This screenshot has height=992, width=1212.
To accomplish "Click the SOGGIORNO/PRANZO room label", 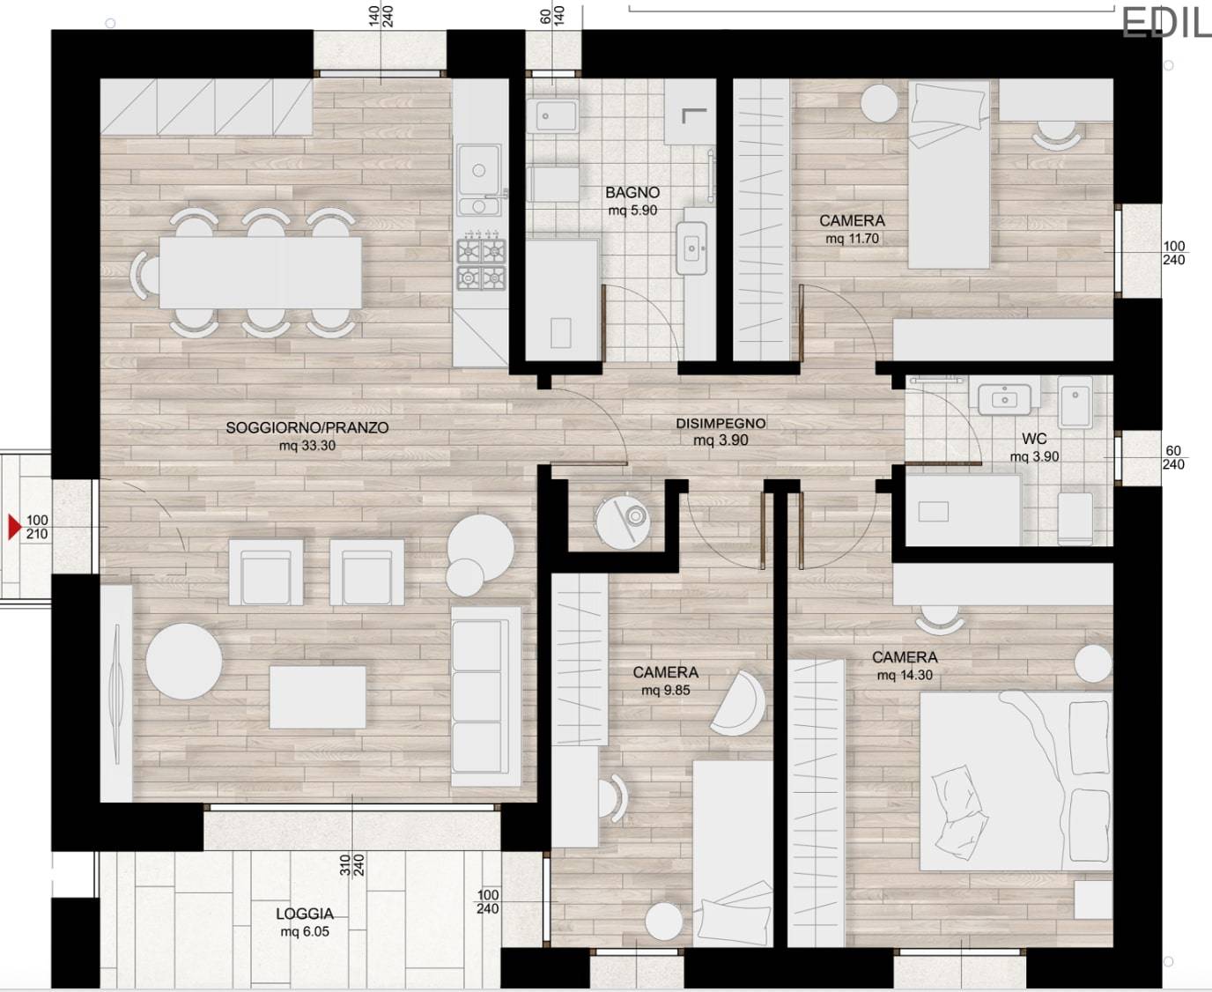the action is pos(307,427).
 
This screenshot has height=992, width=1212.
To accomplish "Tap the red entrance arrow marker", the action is pos(14,527).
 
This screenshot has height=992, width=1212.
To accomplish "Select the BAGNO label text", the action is pos(632,193).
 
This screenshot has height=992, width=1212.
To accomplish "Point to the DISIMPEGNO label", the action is pos(721,424).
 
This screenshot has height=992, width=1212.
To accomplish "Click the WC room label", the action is pos(1034,439).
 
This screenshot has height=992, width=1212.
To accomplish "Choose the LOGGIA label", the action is pos(305,914).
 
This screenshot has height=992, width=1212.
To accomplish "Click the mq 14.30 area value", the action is pos(905,676).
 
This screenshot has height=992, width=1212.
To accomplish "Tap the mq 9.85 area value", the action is pos(666,691).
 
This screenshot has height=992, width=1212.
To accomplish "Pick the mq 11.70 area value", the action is pos(853,239).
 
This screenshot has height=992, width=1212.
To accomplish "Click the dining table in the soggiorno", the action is pos(261,272).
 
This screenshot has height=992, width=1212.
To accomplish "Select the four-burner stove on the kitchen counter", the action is pos(481,265).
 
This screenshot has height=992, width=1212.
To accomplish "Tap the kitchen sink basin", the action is pos(478,170).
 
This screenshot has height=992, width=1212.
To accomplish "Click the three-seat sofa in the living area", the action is pos(485,697).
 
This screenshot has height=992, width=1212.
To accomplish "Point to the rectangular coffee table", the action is pos(318,697).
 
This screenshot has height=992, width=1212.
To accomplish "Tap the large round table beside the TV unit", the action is pos(184,662).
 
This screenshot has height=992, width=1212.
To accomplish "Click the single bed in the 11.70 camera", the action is pos(949,174).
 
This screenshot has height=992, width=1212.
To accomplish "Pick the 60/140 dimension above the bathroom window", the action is pos(552,16).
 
